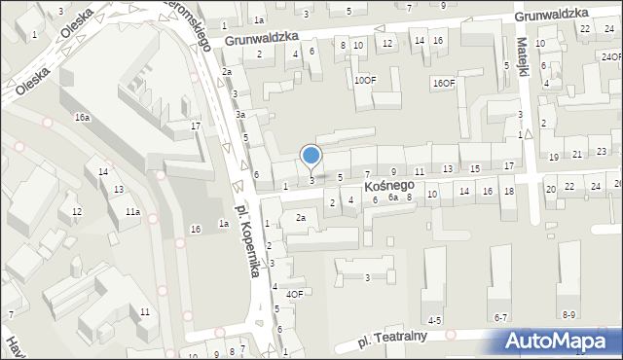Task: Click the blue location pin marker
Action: [311, 156]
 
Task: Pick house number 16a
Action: [83, 117]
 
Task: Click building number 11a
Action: [132, 211]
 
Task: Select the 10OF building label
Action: [364, 81]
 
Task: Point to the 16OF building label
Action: [443, 84]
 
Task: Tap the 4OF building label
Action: [295, 294]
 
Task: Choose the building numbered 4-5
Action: [435, 319]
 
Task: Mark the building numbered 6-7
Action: [501, 317]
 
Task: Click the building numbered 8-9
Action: [569, 314]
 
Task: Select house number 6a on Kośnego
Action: [392, 198]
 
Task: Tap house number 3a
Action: [239, 115]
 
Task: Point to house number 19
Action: [553, 157]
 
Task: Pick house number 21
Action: [576, 154]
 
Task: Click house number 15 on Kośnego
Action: [474, 168]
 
